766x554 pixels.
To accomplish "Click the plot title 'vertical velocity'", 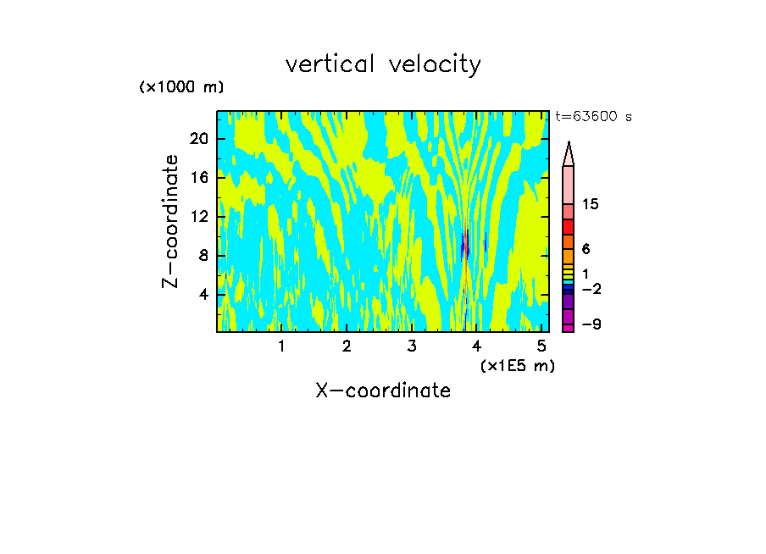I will pos(383,64).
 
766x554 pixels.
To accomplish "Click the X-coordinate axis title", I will pos(383,391).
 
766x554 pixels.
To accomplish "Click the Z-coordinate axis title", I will pos(171,221).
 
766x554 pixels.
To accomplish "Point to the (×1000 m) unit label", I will pos(181,87).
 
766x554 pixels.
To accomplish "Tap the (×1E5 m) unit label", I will pos(517,365).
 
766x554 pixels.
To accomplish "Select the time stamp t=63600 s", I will pos(593,117).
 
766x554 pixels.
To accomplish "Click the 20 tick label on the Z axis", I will pos(199,139).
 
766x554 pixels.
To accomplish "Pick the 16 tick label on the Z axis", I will pos(199,178).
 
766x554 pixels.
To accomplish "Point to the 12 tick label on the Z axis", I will pos(199,217).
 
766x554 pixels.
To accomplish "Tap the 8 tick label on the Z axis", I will pos(203,256).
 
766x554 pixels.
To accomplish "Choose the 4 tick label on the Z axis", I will pos(203,295).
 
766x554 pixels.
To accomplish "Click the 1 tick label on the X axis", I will pos(281,346).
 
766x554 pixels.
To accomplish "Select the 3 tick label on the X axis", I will pos(412,346).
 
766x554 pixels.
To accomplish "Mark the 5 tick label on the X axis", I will pos(542,346).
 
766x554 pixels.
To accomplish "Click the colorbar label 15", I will pos(591,205).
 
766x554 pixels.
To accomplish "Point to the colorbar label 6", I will pos(586,249).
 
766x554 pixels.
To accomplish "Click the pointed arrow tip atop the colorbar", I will pos(569,148).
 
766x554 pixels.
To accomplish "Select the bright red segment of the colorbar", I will pos(568,227).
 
